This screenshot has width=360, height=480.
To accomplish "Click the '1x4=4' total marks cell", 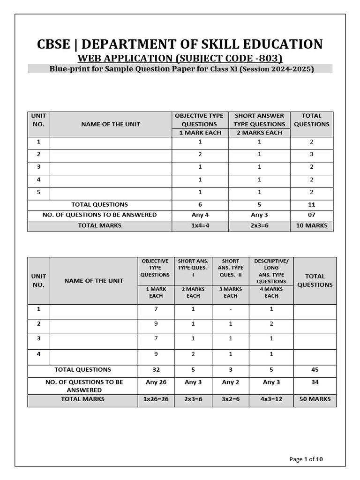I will coord(200,225).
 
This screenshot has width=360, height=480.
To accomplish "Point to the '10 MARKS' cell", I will coord(312,225).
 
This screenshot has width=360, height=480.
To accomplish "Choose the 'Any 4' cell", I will coord(200,215).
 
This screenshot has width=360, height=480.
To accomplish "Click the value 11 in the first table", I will coord(312,204).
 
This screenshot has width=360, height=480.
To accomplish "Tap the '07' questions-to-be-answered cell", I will coord(312,215).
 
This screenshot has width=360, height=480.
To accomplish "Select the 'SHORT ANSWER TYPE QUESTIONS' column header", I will coord(260,120).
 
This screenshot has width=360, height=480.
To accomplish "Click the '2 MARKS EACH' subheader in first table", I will coord(260,133).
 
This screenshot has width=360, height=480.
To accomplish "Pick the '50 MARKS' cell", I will coord(315,399).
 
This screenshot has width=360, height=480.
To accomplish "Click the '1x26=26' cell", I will coord(156,399).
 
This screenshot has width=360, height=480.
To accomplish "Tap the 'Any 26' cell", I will coord(156,382).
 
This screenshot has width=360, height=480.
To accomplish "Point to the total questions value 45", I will coord(315,369).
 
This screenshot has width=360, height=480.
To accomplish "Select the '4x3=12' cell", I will coord(271,399).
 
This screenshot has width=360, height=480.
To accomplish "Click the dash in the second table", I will coord(231,309).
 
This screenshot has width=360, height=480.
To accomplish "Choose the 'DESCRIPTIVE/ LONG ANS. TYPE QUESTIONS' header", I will coord(271,271).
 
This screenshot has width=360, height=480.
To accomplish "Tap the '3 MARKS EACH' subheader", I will coord(231,292).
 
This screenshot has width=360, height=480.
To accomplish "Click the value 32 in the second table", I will coord(156,369).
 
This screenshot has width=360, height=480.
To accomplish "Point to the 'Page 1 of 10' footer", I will coord(306,459).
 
